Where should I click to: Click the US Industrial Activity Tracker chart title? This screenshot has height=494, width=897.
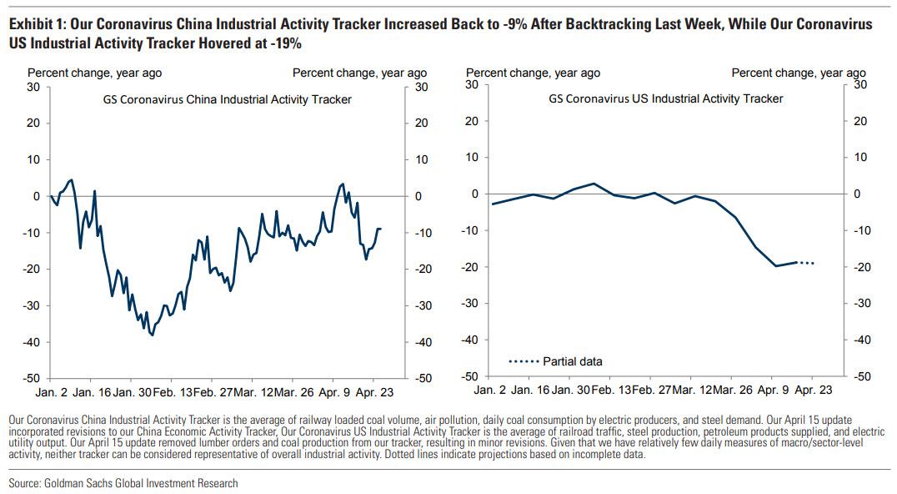665,98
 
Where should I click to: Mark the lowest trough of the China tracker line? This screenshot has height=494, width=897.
152,335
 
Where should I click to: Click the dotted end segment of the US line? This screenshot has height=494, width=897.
806,263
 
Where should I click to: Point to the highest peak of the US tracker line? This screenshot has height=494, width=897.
594,184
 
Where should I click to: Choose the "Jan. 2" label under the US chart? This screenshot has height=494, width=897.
490,389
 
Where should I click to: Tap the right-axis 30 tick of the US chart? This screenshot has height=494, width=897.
860,84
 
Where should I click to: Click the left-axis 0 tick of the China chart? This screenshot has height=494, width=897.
36,196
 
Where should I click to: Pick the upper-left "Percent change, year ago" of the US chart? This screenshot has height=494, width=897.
533,73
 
